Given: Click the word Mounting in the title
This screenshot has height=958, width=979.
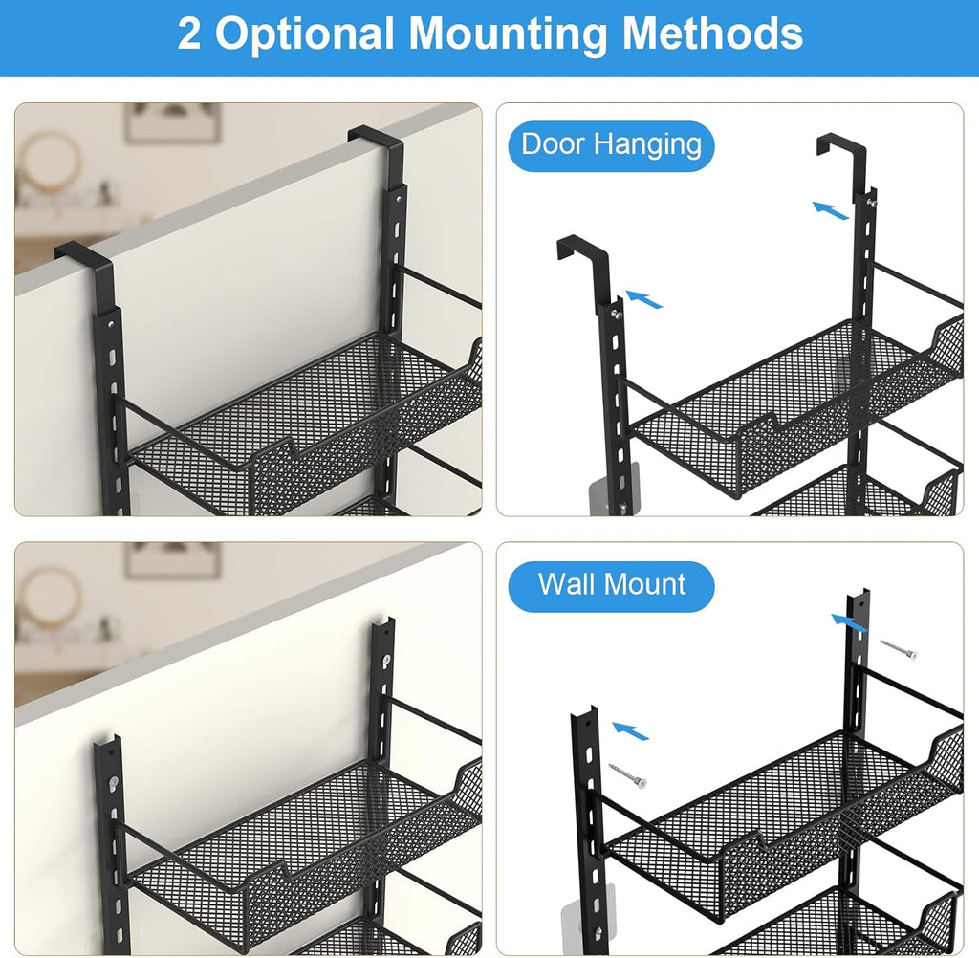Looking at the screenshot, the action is point(508,33).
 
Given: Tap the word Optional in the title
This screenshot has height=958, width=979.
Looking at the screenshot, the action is point(305,33).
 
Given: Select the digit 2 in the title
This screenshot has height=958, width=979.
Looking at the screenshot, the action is point(189,33).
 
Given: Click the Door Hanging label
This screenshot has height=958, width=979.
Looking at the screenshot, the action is point(611,145).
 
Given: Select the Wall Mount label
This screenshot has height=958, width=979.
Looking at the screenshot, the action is point(612,585).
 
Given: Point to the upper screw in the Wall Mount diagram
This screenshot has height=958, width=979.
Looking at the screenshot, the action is point(899,648).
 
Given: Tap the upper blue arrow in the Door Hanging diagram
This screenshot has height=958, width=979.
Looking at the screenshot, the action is point(831,210).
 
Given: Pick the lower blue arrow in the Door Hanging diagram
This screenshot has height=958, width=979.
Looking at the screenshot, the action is point(643,299).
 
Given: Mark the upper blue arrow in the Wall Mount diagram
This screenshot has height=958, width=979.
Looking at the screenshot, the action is point(849,623).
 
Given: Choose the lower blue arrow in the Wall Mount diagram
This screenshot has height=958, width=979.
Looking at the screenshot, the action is point(630,730).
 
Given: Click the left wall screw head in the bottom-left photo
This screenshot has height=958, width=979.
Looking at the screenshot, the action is point(113,781).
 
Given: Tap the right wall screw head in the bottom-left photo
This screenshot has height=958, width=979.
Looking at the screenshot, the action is point(386,658).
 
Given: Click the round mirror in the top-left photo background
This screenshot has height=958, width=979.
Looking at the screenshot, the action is point(47,163).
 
